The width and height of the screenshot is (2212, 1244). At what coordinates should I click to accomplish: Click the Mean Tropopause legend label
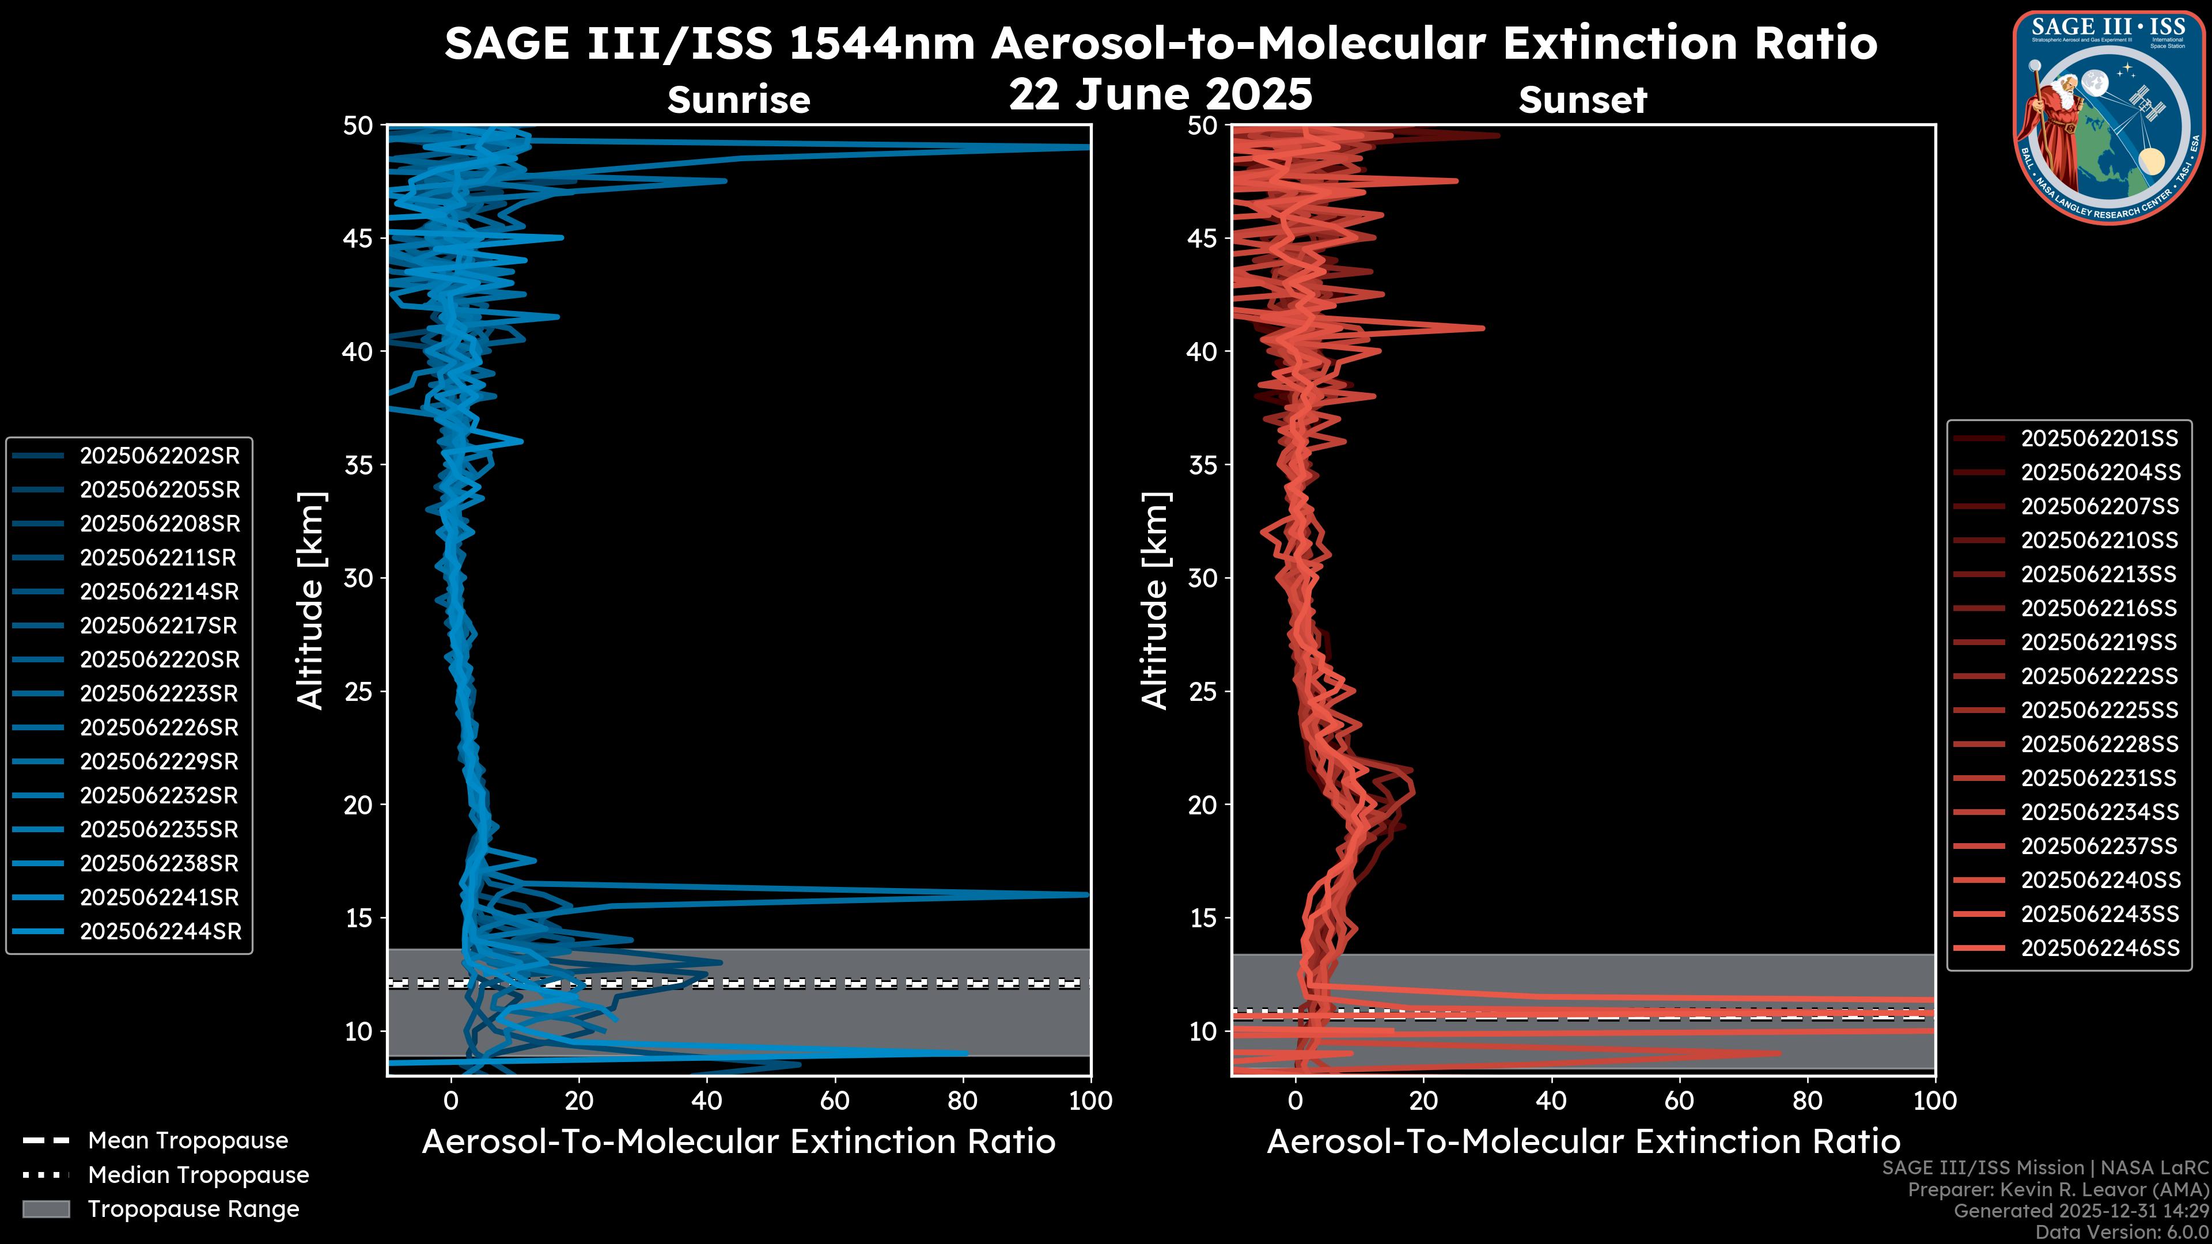[187, 1141]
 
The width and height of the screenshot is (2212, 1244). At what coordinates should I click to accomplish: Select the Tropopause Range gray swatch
[46, 1209]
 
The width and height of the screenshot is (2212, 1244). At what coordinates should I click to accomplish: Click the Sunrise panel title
[738, 100]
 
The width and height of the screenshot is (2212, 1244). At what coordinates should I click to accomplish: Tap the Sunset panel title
[1582, 100]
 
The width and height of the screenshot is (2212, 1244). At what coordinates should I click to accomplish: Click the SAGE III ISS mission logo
[2109, 117]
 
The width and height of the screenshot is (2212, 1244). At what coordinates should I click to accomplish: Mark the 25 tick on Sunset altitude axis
[1203, 691]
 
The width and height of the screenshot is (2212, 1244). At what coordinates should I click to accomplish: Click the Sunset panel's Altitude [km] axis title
[1155, 601]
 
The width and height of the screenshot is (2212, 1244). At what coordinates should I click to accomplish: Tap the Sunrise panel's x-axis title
[738, 1142]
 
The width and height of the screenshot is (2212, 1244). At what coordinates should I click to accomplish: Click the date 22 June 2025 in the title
[1160, 94]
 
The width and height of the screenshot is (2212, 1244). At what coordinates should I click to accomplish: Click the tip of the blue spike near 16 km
[1087, 894]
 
